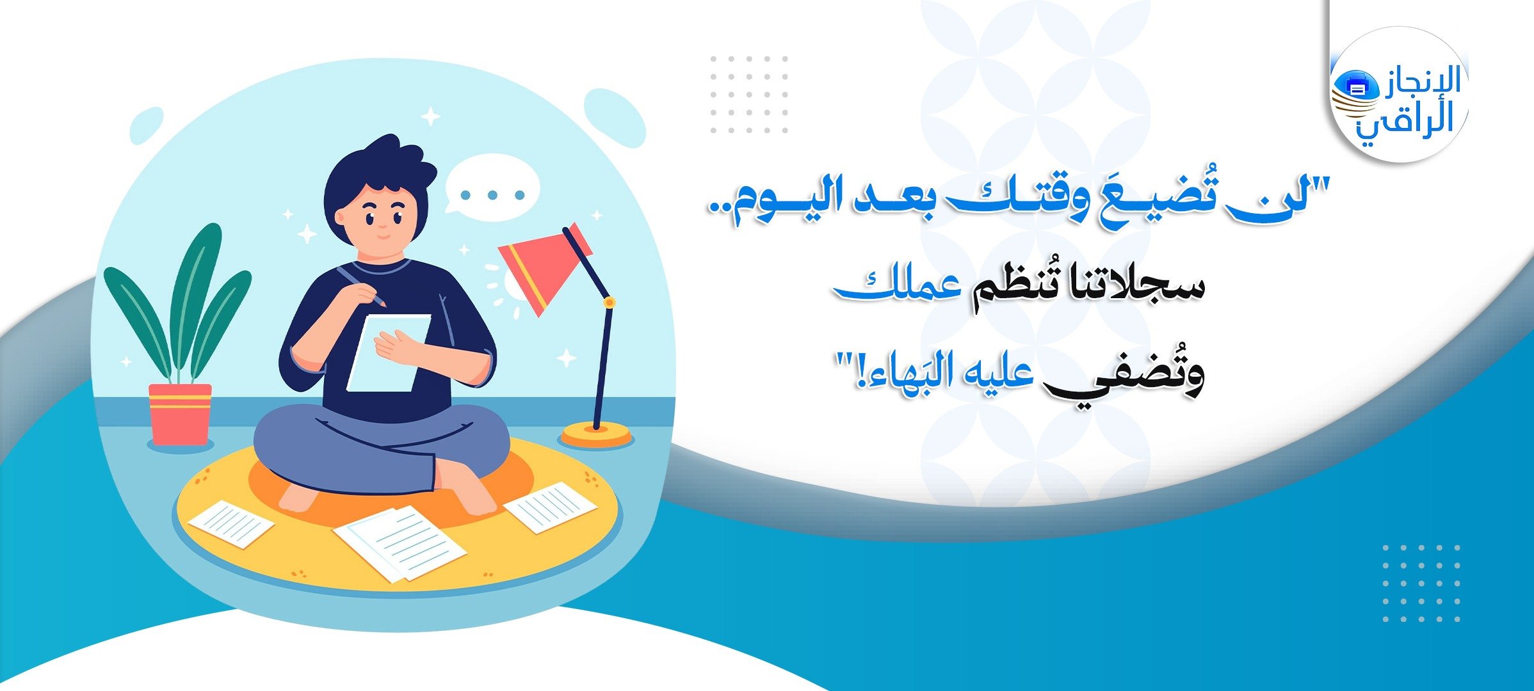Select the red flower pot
[x=180, y=414]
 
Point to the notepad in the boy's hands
[x=388, y=353]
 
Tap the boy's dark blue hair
[x=378, y=179]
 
